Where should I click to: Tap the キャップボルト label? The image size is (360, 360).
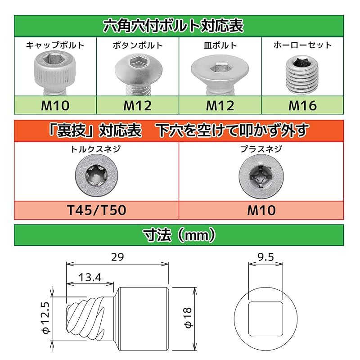tap(55, 45)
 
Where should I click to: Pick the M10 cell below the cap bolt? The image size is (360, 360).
tap(55, 106)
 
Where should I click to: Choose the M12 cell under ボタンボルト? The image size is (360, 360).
tap(137, 106)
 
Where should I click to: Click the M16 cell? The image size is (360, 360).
tap(302, 106)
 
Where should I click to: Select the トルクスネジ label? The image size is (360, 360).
tap(96, 149)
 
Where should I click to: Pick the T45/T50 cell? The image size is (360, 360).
tap(96, 210)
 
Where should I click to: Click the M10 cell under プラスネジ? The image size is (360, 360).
tap(261, 210)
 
